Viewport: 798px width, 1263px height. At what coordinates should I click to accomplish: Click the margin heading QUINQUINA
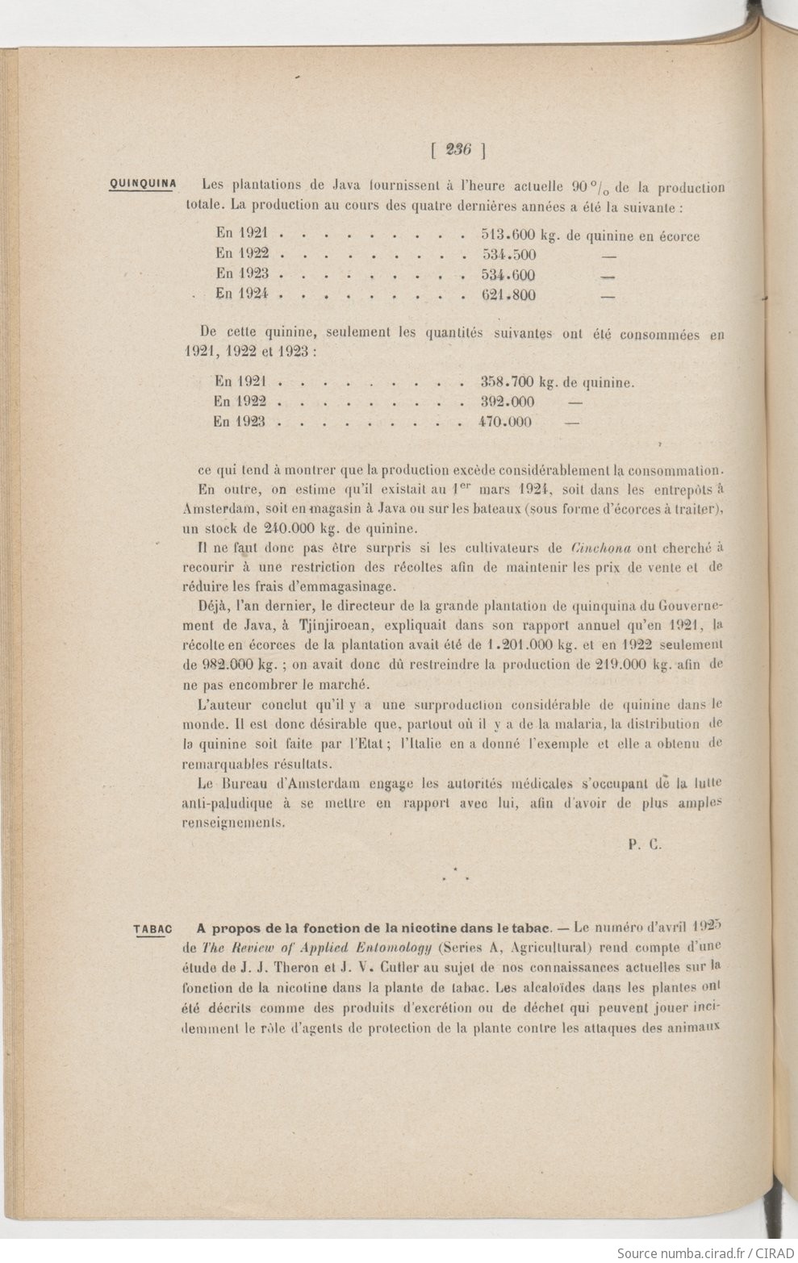pyautogui.click(x=143, y=183)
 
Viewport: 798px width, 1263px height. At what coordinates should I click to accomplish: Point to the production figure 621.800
pyautogui.click(x=508, y=294)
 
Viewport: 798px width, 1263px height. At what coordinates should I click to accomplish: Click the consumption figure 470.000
pyautogui.click(x=496, y=422)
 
